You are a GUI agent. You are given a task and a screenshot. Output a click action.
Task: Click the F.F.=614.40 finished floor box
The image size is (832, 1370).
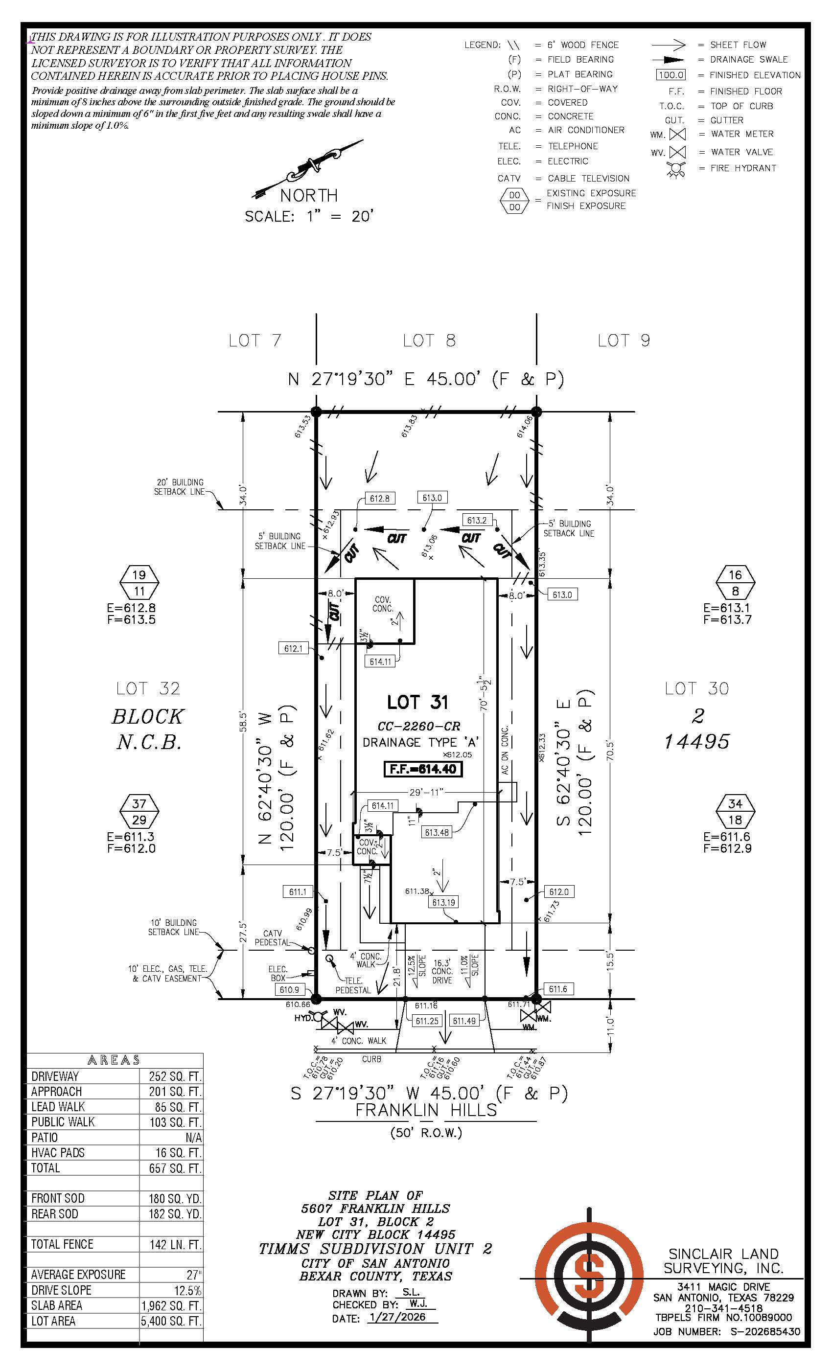coord(423,770)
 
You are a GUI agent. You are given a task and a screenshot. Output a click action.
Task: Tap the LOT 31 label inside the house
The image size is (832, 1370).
coord(417,702)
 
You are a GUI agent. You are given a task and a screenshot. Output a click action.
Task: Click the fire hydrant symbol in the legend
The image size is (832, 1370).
coord(676,169)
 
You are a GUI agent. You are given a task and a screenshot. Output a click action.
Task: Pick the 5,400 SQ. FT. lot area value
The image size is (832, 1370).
coord(171,1321)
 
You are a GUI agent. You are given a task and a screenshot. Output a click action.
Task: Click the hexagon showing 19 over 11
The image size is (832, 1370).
coord(139,583)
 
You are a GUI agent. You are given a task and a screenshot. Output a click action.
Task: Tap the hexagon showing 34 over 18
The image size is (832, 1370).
coord(735,811)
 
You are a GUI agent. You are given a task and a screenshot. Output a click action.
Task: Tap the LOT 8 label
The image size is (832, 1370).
coord(429,341)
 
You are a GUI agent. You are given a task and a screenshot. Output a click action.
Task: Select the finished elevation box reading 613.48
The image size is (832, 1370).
coord(437,832)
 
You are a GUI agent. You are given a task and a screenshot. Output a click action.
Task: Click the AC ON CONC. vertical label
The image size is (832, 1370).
coord(505,750)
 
